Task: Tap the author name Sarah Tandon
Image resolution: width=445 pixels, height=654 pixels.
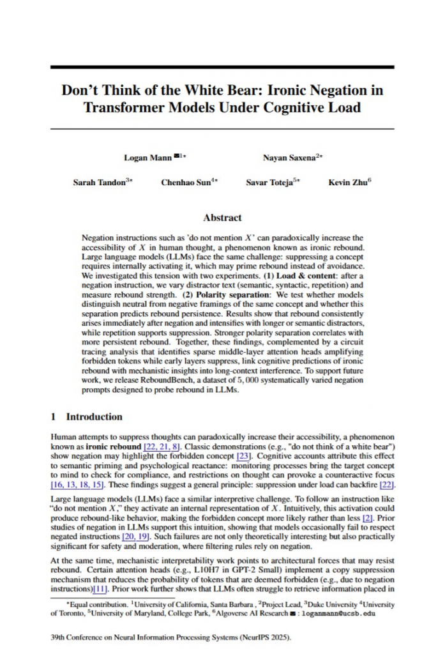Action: pos(100,182)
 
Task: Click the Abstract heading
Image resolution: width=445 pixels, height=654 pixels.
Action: pos(222,217)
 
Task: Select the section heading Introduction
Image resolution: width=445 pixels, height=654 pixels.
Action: pos(94,417)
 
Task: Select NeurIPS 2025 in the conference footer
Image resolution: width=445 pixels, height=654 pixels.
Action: pos(241,637)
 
